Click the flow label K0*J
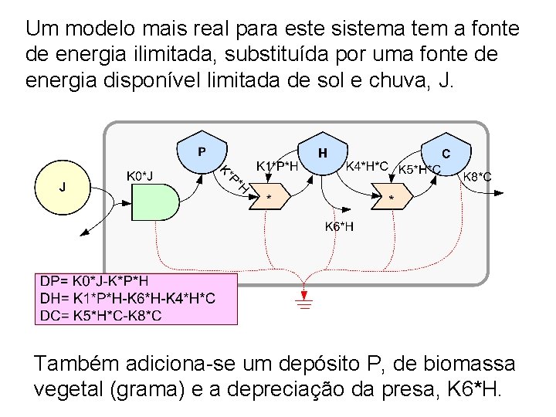tap(139, 176)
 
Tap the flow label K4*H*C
tap(366, 165)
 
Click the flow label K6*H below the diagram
tap(340, 226)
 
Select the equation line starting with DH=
tap(127, 298)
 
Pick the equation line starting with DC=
tap(100, 314)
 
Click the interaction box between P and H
tap(270, 197)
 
